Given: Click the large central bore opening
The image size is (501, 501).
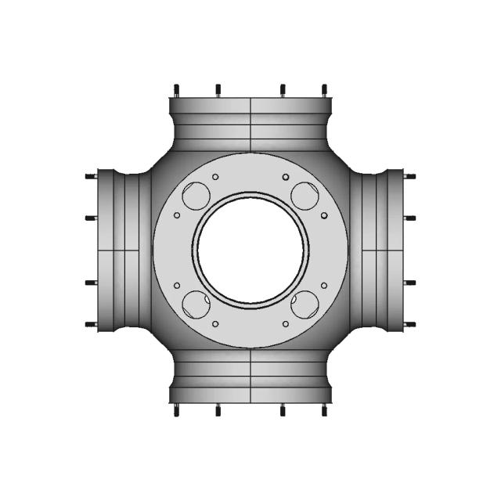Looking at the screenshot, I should tap(250, 249).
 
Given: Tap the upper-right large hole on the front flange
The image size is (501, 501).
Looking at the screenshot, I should tap(303, 193).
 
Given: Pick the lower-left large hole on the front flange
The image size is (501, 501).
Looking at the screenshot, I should tap(194, 304).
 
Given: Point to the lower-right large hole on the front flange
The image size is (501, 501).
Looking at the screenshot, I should tap(303, 304).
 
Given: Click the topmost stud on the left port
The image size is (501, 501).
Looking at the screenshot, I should tap(91, 176).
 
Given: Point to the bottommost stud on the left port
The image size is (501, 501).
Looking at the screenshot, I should tap(91, 323).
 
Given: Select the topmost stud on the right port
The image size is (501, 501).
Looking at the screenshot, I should tap(409, 176).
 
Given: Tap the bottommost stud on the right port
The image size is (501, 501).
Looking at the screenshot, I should tap(409, 323).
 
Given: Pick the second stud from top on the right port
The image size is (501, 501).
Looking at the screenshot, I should tap(409, 218).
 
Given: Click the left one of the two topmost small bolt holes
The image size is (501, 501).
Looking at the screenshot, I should tap(214, 176).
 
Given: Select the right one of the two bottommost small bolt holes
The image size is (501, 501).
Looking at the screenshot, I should tap(286, 323).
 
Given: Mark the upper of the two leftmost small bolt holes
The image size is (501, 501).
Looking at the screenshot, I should tap(178, 215).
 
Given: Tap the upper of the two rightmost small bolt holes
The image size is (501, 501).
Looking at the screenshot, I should tap(324, 214).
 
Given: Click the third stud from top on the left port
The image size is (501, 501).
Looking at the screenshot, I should tap(91, 282).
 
